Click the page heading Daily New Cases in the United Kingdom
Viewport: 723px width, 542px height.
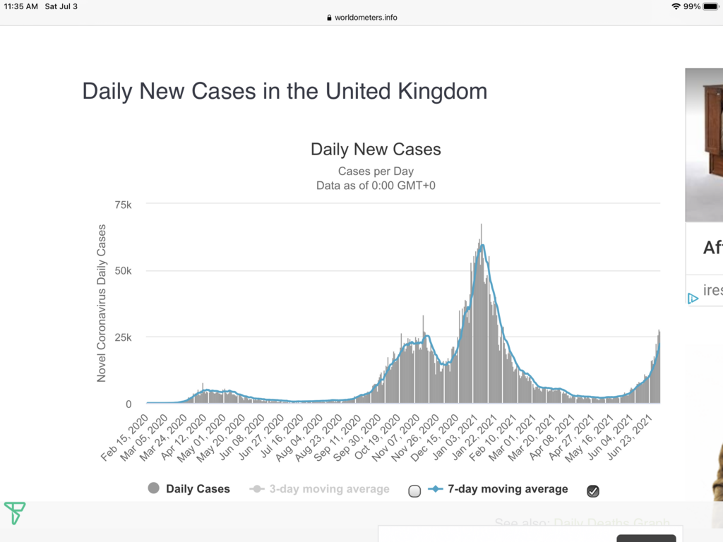tap(285, 92)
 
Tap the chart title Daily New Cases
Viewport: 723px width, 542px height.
tap(376, 150)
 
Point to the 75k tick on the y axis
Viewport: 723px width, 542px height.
tap(124, 205)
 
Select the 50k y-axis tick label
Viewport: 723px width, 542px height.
tap(124, 271)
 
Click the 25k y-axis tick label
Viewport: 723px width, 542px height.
tap(124, 337)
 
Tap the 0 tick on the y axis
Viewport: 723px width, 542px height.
tap(128, 404)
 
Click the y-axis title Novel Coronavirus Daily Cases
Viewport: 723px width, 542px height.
tap(102, 303)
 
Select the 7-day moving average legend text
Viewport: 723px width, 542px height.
tap(507, 488)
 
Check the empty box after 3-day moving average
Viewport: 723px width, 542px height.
tap(414, 490)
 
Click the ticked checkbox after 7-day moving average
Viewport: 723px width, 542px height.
tap(593, 490)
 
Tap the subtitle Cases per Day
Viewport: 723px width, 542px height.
tap(376, 171)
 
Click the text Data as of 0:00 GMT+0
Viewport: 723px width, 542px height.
tap(376, 186)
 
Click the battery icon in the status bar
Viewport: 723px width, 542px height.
tap(710, 6)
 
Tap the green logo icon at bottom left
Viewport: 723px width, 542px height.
tap(14, 512)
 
